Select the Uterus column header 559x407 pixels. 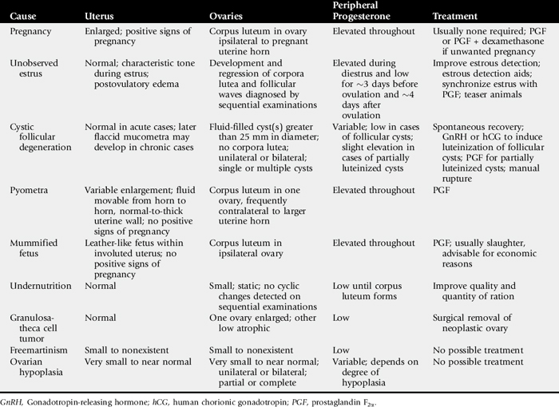(x=101, y=16)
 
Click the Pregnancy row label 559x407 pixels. (x=30, y=32)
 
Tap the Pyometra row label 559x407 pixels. (x=30, y=190)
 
